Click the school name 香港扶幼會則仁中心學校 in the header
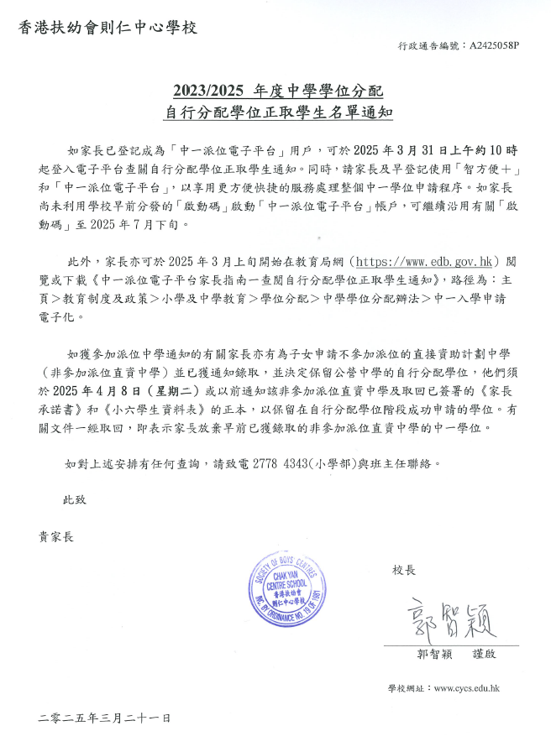(x=108, y=28)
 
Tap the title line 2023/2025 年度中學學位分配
(x=275, y=90)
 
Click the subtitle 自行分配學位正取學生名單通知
(x=275, y=110)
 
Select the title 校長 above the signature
(x=405, y=570)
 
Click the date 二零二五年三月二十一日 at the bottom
(x=104, y=718)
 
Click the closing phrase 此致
(x=75, y=499)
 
